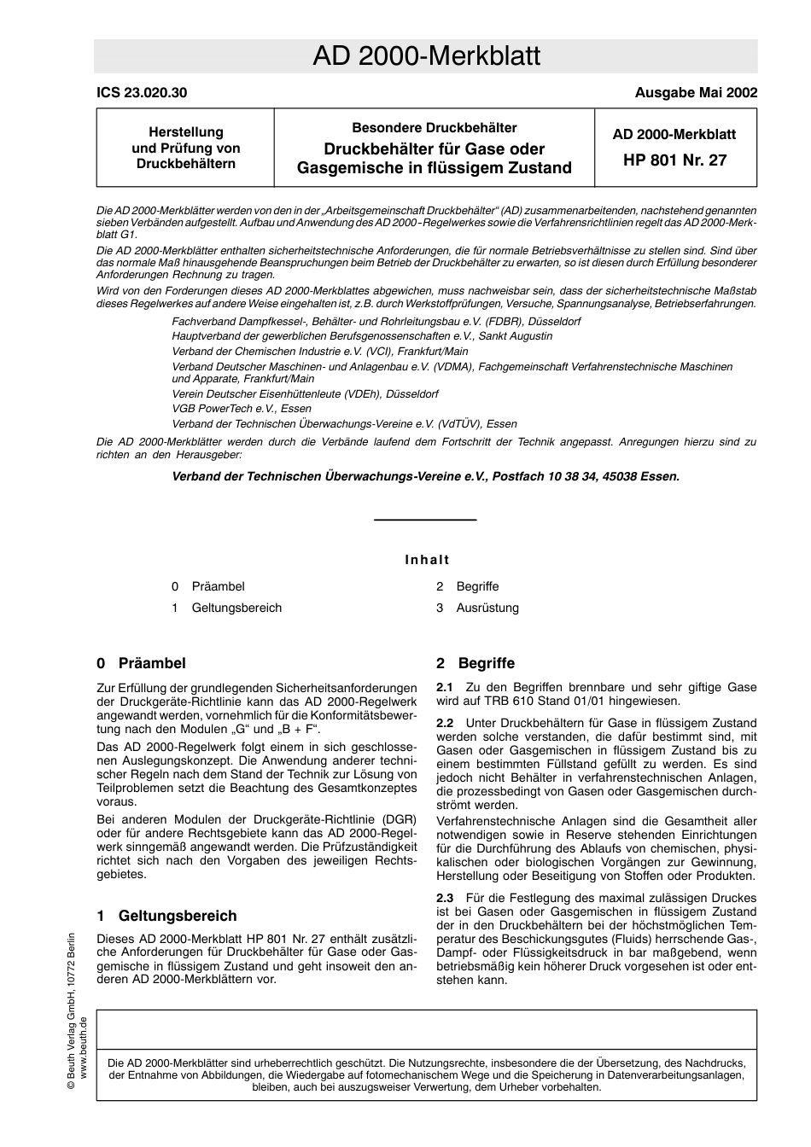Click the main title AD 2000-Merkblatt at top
point(426,56)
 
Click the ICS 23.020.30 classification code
point(142,93)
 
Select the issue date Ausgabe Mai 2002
point(696,93)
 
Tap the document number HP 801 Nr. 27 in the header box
point(674,160)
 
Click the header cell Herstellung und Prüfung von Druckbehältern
point(186,148)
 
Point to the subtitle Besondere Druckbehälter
point(435,128)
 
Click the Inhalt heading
point(426,560)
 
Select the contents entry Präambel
point(218,586)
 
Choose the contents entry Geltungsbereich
point(236,608)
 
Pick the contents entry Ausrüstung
point(487,608)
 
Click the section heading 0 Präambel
point(141,663)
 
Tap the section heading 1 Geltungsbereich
point(166,916)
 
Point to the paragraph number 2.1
point(445,687)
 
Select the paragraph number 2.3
point(445,898)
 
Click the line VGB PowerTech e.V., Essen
point(242,409)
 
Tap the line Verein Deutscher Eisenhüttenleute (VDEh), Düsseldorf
point(305,394)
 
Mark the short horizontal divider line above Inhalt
point(425,520)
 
